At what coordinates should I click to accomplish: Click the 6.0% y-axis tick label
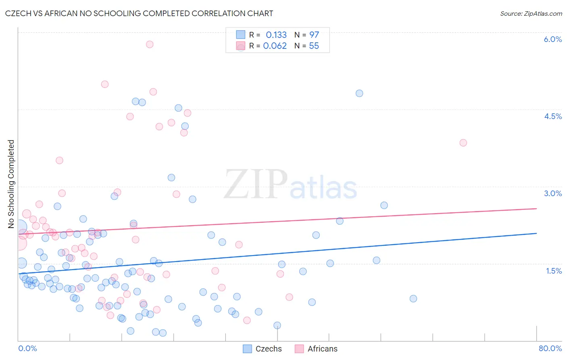[552, 39]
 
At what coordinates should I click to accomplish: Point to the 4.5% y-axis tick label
[552, 116]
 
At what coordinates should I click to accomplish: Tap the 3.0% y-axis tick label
[552, 193]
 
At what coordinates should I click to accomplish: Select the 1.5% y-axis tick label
[554, 271]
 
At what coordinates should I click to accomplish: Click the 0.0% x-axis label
[27, 348]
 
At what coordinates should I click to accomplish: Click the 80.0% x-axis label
[550, 348]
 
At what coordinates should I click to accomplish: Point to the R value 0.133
[276, 35]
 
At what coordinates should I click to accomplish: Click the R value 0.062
[275, 46]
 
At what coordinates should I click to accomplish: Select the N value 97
[314, 35]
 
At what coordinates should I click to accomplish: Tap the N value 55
[314, 46]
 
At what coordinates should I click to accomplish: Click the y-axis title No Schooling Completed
[11, 184]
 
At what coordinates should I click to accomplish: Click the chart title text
[139, 13]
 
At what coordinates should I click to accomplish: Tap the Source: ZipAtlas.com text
[531, 13]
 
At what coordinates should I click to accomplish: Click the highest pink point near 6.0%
[150, 44]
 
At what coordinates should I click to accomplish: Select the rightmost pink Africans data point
[463, 143]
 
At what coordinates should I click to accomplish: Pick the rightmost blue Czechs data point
[413, 299]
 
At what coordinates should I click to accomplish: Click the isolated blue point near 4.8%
[359, 93]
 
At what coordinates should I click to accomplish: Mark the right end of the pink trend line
[537, 209]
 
